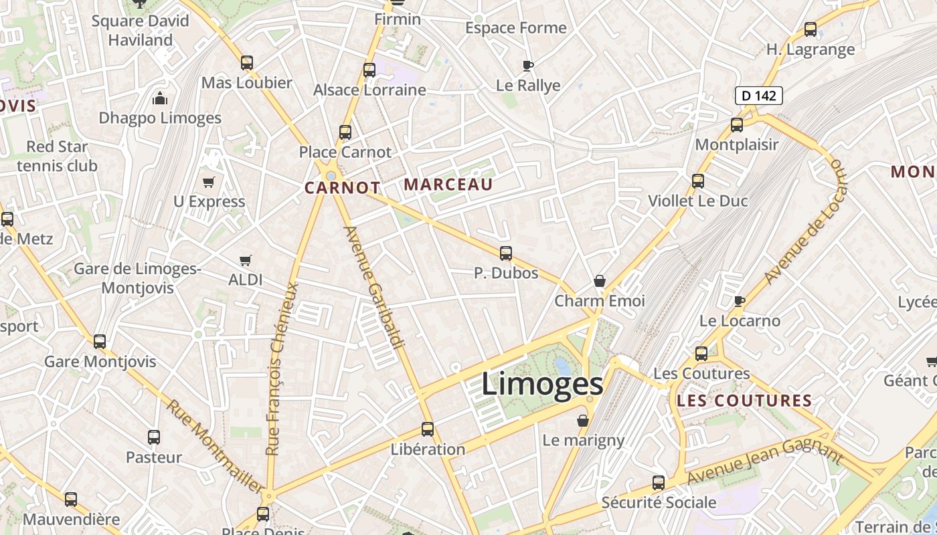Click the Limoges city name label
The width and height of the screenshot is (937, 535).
click(x=542, y=385)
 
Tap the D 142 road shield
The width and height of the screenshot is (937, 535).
click(x=759, y=96)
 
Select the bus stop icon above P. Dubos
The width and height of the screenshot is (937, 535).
click(x=506, y=253)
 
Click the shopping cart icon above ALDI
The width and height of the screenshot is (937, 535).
click(x=246, y=260)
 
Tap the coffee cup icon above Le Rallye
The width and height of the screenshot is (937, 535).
click(x=528, y=66)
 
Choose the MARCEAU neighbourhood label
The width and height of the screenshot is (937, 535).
click(x=449, y=185)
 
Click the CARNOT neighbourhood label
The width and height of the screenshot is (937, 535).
click(x=343, y=188)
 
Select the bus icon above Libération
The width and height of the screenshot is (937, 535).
click(x=428, y=429)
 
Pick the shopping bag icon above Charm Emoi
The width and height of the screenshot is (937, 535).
click(x=600, y=281)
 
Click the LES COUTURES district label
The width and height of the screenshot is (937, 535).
click(x=745, y=401)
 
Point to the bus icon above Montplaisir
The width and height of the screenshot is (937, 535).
click(x=737, y=124)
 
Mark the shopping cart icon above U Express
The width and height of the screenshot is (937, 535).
click(x=209, y=182)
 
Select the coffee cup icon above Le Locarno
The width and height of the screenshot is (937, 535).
click(x=739, y=301)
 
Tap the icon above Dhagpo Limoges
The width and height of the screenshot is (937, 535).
click(x=160, y=99)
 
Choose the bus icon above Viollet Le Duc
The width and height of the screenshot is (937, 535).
click(x=698, y=181)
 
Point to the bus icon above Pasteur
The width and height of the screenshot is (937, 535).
click(x=154, y=437)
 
